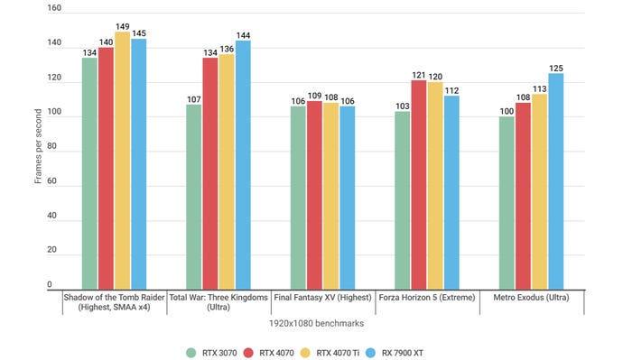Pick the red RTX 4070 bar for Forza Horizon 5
point(418,184)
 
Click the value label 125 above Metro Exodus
point(555,67)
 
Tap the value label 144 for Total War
point(243,34)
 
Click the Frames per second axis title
point(38,149)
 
